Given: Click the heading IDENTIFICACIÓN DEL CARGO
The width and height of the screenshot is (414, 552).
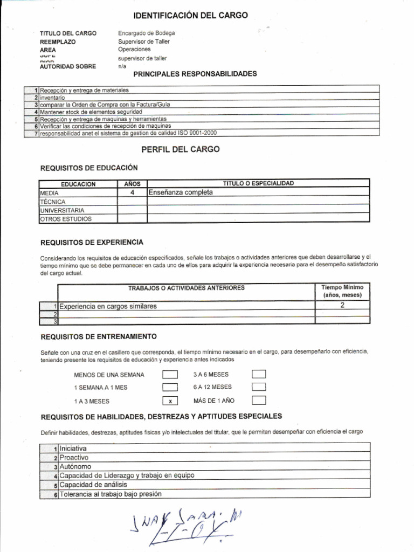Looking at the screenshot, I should pos(190,15).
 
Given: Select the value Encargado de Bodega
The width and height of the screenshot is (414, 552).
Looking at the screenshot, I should pos(146,33).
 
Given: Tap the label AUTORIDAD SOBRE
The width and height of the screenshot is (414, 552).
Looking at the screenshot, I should pos(68,66).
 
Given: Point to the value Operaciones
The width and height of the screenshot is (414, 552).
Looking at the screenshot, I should pos(134,50).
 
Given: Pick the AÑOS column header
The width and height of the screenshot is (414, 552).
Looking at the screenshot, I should pos(132,184).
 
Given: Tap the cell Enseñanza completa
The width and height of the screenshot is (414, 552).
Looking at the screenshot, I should pos(181,192).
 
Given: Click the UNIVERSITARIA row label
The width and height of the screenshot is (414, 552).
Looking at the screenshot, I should pos(62,210).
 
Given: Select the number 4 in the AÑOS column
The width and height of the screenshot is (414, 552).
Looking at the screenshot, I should pos(132,192).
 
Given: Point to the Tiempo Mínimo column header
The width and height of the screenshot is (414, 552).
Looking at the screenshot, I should pos(342,292).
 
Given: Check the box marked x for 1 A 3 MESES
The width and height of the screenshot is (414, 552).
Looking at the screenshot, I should pos(170,401).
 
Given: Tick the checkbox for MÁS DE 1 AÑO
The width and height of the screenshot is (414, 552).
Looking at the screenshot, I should pos(259,401).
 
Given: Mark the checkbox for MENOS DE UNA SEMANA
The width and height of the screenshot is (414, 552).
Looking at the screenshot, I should pos(170,375).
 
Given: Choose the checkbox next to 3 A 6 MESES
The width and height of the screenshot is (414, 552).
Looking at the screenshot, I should pos(259,375).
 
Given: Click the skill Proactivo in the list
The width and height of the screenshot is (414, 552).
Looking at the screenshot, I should pos(74,458).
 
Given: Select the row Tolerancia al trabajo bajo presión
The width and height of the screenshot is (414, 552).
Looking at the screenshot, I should pos(111,494).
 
